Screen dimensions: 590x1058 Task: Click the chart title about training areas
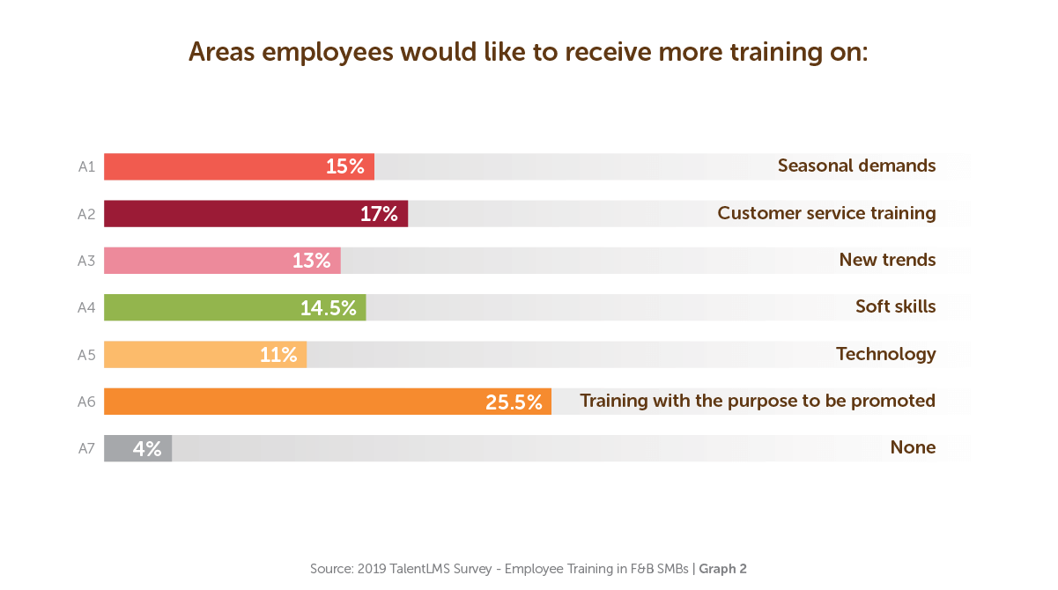tap(529, 52)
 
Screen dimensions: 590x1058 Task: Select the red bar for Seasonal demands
tap(211, 166)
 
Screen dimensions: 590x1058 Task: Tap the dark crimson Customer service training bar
tap(229, 214)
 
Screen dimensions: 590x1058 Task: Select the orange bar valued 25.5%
tap(291, 402)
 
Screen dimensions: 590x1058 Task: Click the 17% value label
tap(379, 214)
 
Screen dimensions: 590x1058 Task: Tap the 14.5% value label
tap(329, 307)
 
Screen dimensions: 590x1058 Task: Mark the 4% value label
tap(147, 448)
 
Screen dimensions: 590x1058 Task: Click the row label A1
tap(85, 166)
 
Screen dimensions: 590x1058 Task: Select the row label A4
tap(85, 307)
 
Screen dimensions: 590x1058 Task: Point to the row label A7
tap(85, 448)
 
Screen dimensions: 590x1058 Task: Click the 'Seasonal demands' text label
tap(856, 166)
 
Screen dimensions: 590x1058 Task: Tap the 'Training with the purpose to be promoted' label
tap(757, 401)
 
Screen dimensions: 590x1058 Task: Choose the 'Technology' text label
tap(885, 354)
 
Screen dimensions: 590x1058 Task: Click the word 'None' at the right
tap(913, 447)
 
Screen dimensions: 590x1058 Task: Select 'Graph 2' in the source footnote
tap(722, 569)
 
